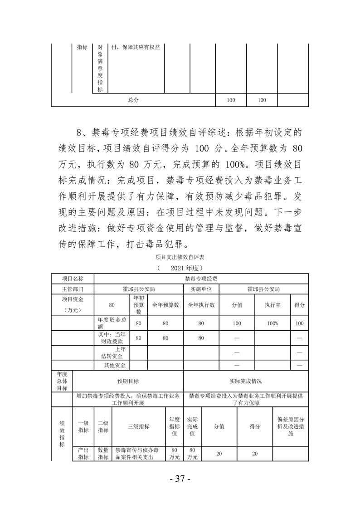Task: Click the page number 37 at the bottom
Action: tap(179, 480)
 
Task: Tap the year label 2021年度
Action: tap(180, 268)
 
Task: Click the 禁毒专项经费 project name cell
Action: tap(201, 279)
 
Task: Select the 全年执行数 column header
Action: tap(201, 305)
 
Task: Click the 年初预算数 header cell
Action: tap(139, 305)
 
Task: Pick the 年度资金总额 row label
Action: tap(111, 323)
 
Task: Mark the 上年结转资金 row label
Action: tap(113, 352)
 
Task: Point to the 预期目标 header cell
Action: tap(128, 381)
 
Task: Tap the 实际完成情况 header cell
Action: tap(246, 381)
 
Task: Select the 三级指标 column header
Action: tap(139, 426)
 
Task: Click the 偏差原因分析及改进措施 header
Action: tap(290, 426)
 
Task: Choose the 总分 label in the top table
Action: tap(133, 100)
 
